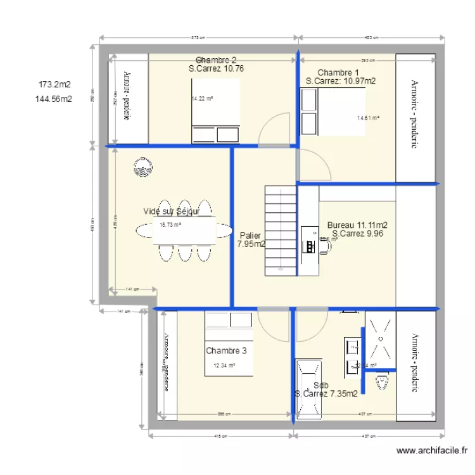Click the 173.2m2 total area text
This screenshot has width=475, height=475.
pyautogui.click(x=54, y=84)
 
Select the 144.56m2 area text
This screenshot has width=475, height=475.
pyautogui.click(x=54, y=99)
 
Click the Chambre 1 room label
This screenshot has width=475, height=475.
pyautogui.click(x=338, y=72)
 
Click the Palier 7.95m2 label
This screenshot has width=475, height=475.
pyautogui.click(x=251, y=239)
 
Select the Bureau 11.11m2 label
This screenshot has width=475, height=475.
pyautogui.click(x=357, y=225)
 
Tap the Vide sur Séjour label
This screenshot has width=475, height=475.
pyautogui.click(x=172, y=212)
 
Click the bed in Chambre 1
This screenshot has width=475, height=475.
pyautogui.click(x=337, y=112)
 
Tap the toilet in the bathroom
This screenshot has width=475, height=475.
pyautogui.click(x=381, y=383)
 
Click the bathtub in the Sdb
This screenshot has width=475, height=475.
pyautogui.click(x=308, y=389)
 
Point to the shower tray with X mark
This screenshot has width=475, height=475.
pyautogui.click(x=381, y=339)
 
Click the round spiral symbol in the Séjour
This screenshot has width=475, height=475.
pyautogui.click(x=142, y=168)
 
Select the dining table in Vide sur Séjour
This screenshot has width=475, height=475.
pyautogui.click(x=184, y=231)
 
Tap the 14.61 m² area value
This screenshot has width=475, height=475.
pyautogui.click(x=368, y=118)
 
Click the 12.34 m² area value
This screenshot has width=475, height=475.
pyautogui.click(x=224, y=365)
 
